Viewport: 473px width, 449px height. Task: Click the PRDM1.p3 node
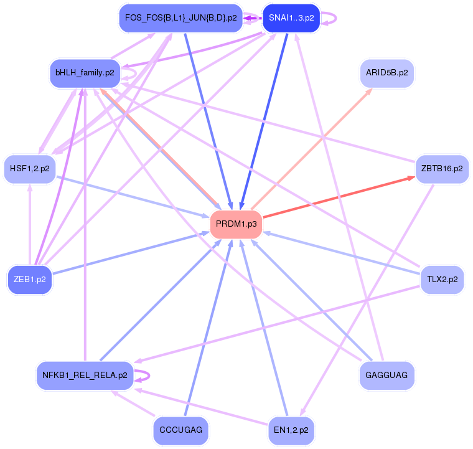coord(236,224)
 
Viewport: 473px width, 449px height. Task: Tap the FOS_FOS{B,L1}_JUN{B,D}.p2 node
coord(180,18)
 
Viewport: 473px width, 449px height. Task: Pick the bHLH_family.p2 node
coord(85,73)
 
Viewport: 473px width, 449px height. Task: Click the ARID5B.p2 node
coord(386,73)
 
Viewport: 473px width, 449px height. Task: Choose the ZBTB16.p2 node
coord(441,169)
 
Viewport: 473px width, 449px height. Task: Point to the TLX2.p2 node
coord(442,279)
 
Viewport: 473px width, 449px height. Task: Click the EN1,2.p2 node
coord(291,430)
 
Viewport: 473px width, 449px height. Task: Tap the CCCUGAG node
coord(180,430)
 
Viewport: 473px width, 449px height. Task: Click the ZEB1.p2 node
coord(29,279)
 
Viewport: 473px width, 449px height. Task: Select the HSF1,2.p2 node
coord(29,169)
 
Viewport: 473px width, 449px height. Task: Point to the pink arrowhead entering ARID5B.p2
coord(368,92)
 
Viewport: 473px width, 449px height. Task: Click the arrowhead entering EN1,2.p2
coord(301,412)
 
